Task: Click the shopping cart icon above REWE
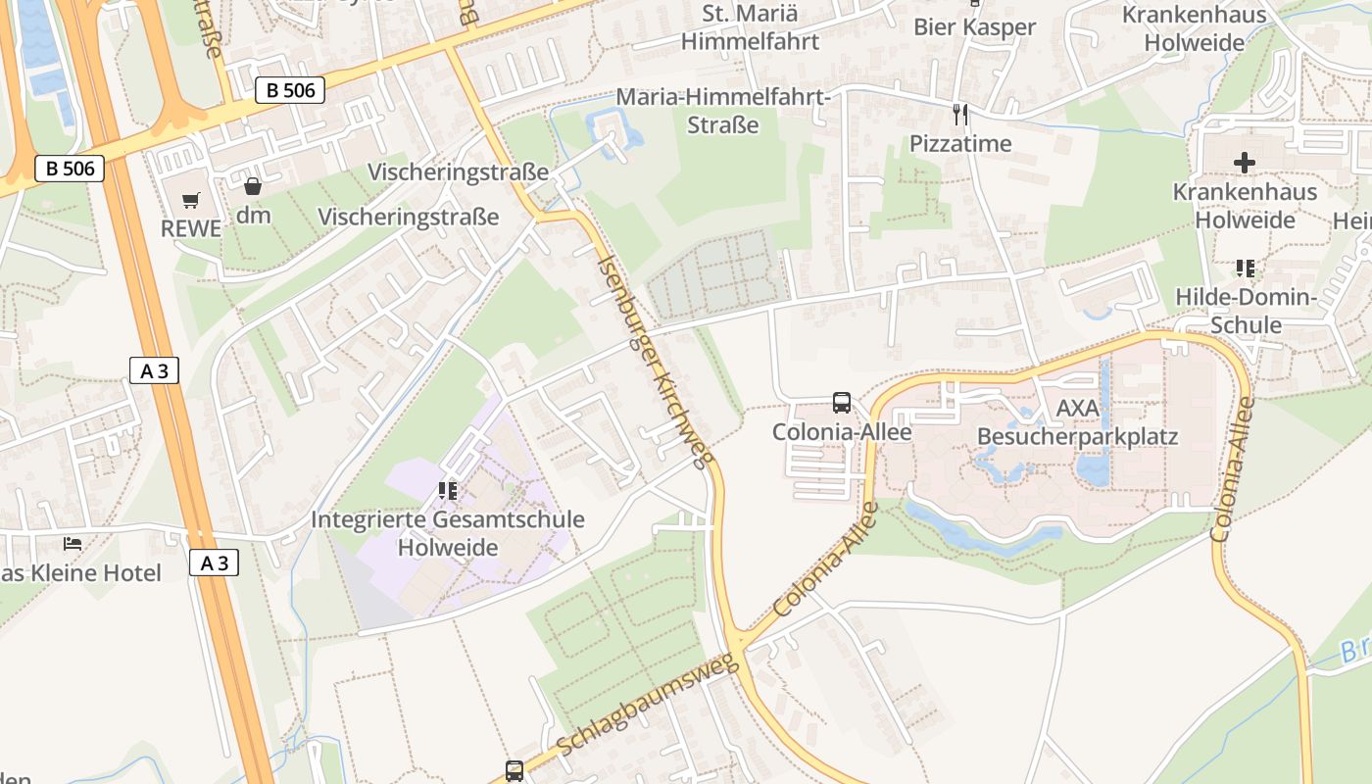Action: (191, 200)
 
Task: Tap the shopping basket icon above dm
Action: (253, 185)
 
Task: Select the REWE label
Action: (191, 228)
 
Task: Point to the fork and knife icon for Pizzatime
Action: (959, 115)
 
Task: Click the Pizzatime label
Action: (959, 143)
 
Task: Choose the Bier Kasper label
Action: (974, 26)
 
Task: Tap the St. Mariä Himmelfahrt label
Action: (750, 27)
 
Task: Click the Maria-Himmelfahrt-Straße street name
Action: (723, 112)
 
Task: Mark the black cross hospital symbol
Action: (1245, 162)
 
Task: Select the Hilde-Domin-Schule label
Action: (1245, 311)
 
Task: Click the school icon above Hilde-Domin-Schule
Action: (1245, 268)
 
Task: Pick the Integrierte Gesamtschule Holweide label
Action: (448, 532)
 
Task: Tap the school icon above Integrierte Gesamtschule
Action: (448, 489)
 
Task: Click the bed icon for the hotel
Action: (73, 543)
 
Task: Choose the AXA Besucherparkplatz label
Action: (1077, 421)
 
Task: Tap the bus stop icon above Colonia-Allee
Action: (841, 402)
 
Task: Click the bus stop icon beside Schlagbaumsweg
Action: (514, 770)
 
